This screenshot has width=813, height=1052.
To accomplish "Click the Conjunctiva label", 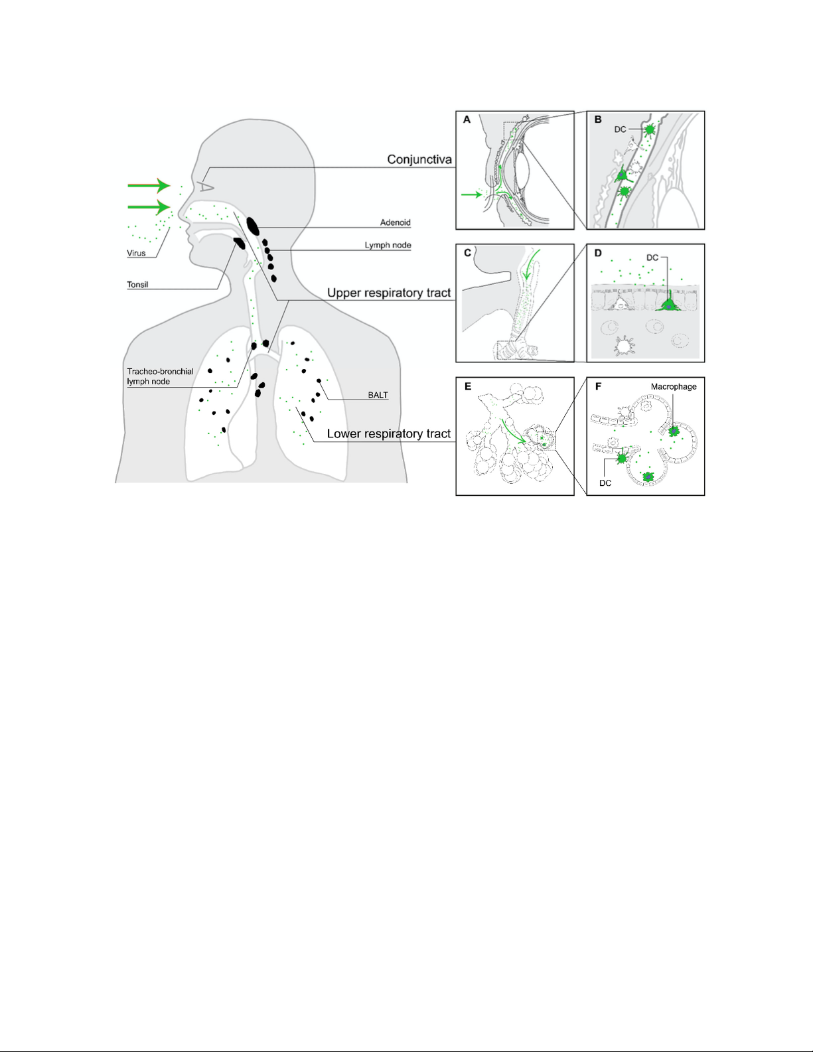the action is point(419,160).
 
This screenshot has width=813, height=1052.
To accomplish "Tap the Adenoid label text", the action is point(395,223).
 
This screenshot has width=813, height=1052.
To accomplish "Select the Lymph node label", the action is point(388,246).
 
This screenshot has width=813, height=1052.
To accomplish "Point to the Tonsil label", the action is point(137,285).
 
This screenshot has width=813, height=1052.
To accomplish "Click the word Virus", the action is point(136,253).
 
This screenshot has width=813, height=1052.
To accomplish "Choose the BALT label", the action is point(378,395).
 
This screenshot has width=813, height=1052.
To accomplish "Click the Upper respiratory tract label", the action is point(389,293).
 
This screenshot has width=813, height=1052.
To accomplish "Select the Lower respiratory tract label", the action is point(389,434).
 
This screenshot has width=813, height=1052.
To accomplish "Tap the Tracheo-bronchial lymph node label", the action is point(160,376).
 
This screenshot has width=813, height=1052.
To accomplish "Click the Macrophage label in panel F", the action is point(674,386).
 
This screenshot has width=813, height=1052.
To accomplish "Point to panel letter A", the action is point(467,119).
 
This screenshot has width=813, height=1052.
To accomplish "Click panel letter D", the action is point(598,253).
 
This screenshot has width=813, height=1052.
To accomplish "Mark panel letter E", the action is point(467,386).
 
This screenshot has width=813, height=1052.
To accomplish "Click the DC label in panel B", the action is point(620,129).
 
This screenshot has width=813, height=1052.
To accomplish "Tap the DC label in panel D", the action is point(652,258).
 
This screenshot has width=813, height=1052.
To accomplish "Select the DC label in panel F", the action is point(605,483).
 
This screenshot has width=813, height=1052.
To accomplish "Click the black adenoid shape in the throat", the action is point(253,226).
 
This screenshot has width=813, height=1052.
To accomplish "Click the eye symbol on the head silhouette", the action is point(206,187).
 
